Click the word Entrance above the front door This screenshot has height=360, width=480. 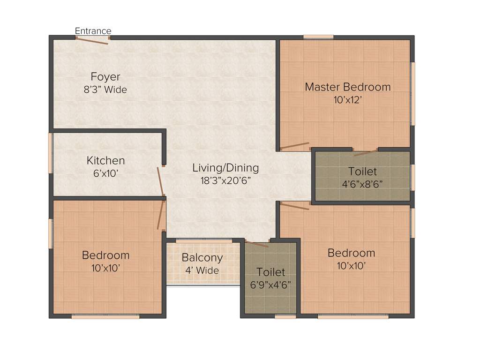click(93, 31)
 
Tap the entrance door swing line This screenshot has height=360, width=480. click(92, 40)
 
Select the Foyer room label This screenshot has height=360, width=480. click(105, 77)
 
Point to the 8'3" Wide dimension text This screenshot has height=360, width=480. click(105, 90)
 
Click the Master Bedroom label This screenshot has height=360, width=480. click(347, 87)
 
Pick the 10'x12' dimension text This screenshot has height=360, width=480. click(347, 100)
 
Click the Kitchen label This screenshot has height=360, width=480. click(105, 161)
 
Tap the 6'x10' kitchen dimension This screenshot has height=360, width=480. click(105, 173)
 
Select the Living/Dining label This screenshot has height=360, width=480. click(225, 168)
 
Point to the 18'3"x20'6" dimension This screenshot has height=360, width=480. click(225, 181)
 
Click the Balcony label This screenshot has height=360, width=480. click(202, 257)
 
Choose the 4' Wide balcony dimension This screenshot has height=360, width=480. click(202, 270)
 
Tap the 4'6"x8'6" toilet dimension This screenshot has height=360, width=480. click(362, 184)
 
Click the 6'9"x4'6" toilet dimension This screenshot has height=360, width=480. click(270, 285)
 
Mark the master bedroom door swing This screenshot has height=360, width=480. click(294, 146)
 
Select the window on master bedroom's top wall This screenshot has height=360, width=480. click(318, 37)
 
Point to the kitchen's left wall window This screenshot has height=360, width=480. click(51, 153)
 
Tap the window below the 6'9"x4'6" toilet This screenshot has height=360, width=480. click(285, 316)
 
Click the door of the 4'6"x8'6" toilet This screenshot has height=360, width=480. click(365, 152)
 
